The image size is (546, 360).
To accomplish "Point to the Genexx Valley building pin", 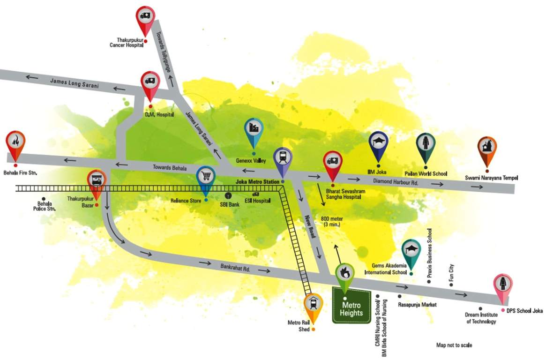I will pos(254,131).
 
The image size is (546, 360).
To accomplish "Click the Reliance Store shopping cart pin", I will pos(205,179).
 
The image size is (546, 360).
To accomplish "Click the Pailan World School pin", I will pos(426,146).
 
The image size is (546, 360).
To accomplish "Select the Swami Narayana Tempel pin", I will pos(487,150).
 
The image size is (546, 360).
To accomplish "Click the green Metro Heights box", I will pos(352,306).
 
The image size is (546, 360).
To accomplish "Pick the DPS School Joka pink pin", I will pos(503,287).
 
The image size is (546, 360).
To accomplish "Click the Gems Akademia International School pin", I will pos(411,252).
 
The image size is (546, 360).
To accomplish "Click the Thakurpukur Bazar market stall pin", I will pos(97,182).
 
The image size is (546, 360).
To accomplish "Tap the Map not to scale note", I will pos(454,345).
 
